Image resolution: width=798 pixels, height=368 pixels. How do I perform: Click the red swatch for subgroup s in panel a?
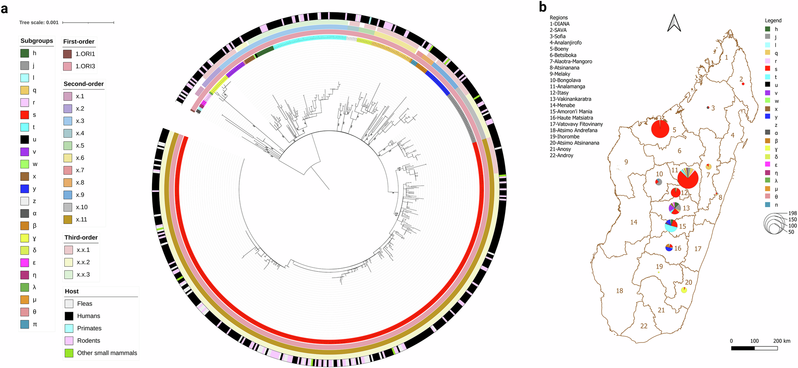coord(25,115)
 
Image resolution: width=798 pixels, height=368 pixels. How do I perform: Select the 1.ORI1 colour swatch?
coord(67,54)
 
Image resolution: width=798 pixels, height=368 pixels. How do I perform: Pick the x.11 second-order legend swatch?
coord(67,220)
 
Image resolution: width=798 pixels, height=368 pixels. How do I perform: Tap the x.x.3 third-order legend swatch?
coord(69,275)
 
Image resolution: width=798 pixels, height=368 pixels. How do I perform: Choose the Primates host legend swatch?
coord(69,328)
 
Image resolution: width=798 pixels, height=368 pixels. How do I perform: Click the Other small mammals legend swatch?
coord(69,353)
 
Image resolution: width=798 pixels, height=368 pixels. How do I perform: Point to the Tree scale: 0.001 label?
coord(39,23)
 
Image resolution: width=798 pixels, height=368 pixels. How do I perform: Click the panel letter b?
coord(543,7)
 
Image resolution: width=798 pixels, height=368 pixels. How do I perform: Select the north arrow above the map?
coord(674,23)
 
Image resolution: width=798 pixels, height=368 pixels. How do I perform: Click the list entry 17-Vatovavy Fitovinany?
coord(576,124)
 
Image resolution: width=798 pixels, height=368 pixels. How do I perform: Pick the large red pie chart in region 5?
coord(660,129)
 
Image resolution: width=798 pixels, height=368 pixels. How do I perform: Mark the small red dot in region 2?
coord(743,84)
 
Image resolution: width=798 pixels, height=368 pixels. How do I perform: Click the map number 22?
coord(644,326)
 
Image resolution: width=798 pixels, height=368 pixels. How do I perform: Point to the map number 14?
coord(634,222)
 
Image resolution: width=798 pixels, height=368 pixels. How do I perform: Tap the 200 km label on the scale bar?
coord(782,341)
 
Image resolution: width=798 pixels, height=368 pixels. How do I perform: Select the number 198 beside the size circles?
coord(792,214)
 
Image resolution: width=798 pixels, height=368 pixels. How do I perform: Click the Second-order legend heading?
coord(84,84)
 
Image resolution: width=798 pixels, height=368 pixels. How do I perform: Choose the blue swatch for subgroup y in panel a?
coord(25,189)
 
